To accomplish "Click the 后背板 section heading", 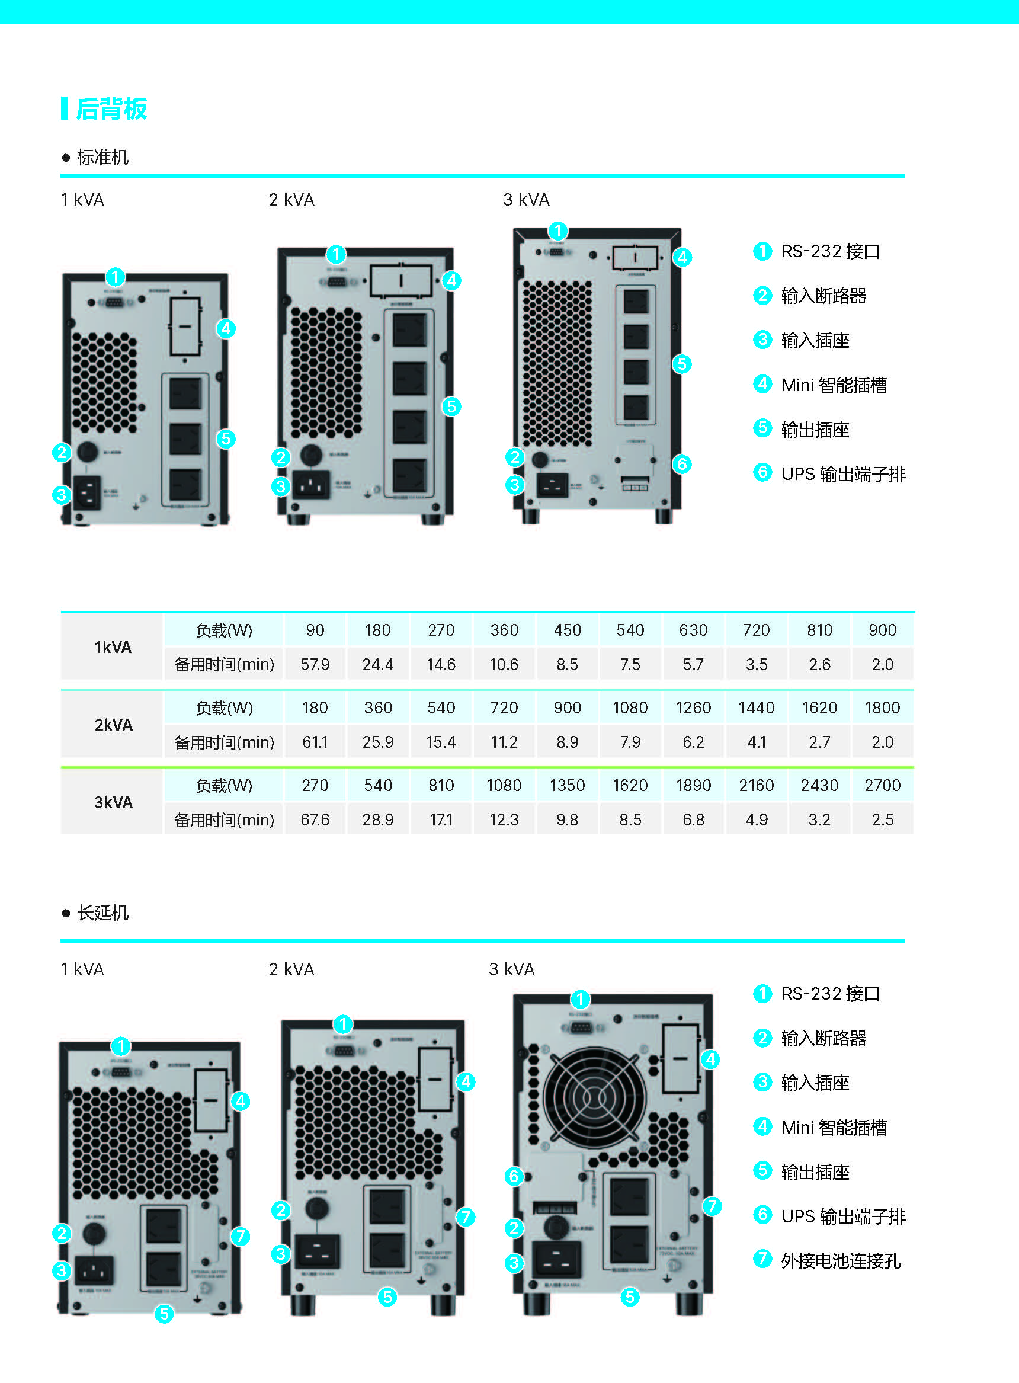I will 111,108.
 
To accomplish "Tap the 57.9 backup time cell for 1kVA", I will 315,664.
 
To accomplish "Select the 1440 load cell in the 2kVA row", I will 756,707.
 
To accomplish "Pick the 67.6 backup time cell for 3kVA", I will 315,820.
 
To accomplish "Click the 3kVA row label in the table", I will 113,802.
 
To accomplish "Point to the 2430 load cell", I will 819,785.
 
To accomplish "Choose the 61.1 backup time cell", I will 315,742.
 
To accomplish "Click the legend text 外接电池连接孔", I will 841,1261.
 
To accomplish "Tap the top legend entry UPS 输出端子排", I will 843,474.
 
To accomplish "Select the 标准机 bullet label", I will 102,157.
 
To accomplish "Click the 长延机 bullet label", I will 102,913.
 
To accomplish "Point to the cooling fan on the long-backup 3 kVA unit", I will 595,1098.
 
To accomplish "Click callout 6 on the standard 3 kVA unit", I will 681,464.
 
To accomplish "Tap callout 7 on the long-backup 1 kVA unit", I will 240,1236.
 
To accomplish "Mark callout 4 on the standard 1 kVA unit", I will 226,329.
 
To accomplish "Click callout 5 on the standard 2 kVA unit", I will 451,406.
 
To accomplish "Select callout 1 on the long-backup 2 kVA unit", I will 343,1025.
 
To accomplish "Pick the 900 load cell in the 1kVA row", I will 882,630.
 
